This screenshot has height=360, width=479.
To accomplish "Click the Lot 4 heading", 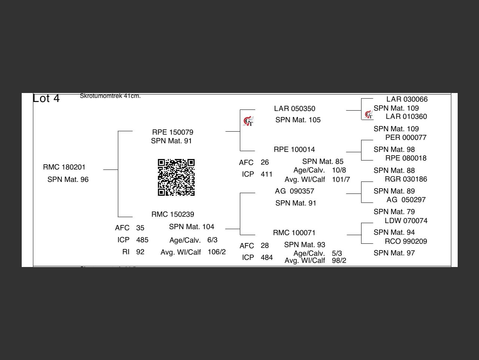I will pos(46,98).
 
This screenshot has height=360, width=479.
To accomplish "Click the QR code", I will pos(176,177).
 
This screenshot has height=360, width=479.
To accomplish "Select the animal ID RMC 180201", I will pos(64,167).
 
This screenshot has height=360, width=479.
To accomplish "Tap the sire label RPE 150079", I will pos(173,132).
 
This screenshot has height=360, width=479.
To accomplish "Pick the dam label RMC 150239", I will pos(173,214).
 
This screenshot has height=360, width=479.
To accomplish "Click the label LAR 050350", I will pos(295,109).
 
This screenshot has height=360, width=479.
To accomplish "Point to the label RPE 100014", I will pos(294,150).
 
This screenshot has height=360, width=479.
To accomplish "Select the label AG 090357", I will pos(295,191).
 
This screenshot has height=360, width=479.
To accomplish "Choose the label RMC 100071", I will pos(294,233).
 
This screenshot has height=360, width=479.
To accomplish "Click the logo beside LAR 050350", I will pos(248,121).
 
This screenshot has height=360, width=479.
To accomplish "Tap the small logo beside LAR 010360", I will pos(369,115).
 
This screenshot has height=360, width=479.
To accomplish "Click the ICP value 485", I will pos(142,240).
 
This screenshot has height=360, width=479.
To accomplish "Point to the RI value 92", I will pos(140,252).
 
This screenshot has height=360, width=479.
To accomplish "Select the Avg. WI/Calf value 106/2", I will pos(217,252).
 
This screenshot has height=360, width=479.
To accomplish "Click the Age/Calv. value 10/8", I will pos(339,170).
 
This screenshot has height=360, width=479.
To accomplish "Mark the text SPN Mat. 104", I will pos(192,227).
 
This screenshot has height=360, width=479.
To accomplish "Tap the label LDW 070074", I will pos(406,221).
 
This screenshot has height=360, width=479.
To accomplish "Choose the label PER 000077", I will pos(406,138).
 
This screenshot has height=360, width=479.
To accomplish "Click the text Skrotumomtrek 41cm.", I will pos(110,96).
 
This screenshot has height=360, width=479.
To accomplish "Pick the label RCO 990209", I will pos(406,241).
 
